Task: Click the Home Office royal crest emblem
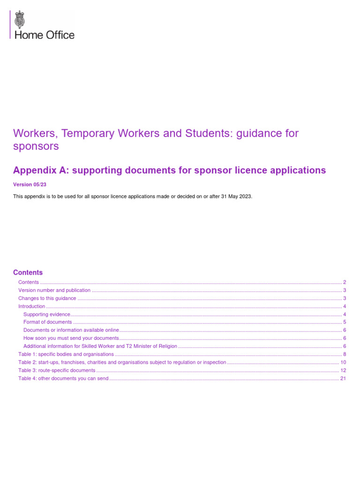[x=20, y=20]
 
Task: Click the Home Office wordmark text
[x=45, y=35]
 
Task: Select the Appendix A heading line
[x=169, y=170]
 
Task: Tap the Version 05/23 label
[x=30, y=185]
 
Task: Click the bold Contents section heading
[x=28, y=272]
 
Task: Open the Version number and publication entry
[x=54, y=290]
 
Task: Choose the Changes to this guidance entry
[x=47, y=298]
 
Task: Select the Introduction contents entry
[x=31, y=306]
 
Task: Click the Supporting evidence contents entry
[x=47, y=314]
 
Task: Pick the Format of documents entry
[x=48, y=322]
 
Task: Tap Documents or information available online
[x=71, y=330]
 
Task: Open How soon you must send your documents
[x=71, y=338]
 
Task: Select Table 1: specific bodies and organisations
[x=66, y=354]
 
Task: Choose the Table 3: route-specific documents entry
[x=57, y=370]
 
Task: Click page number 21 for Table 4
[x=343, y=378]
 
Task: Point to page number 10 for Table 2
[x=343, y=362]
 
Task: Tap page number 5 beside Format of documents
[x=345, y=322]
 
